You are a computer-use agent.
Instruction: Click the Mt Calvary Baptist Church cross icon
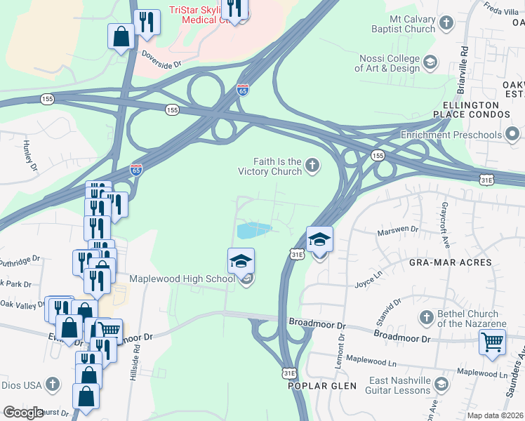pos(445,25)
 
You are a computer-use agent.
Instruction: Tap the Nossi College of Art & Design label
pos(387,63)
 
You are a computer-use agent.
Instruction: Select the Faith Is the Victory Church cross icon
pos(312,166)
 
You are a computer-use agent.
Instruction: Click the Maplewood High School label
pos(181,279)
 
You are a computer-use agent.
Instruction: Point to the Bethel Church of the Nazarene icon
pos(425,319)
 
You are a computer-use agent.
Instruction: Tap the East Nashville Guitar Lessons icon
pos(441,384)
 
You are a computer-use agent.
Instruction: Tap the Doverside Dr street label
pos(161,62)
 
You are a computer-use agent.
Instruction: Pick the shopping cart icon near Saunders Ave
pos(493,343)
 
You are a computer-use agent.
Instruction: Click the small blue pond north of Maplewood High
pos(254,230)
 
